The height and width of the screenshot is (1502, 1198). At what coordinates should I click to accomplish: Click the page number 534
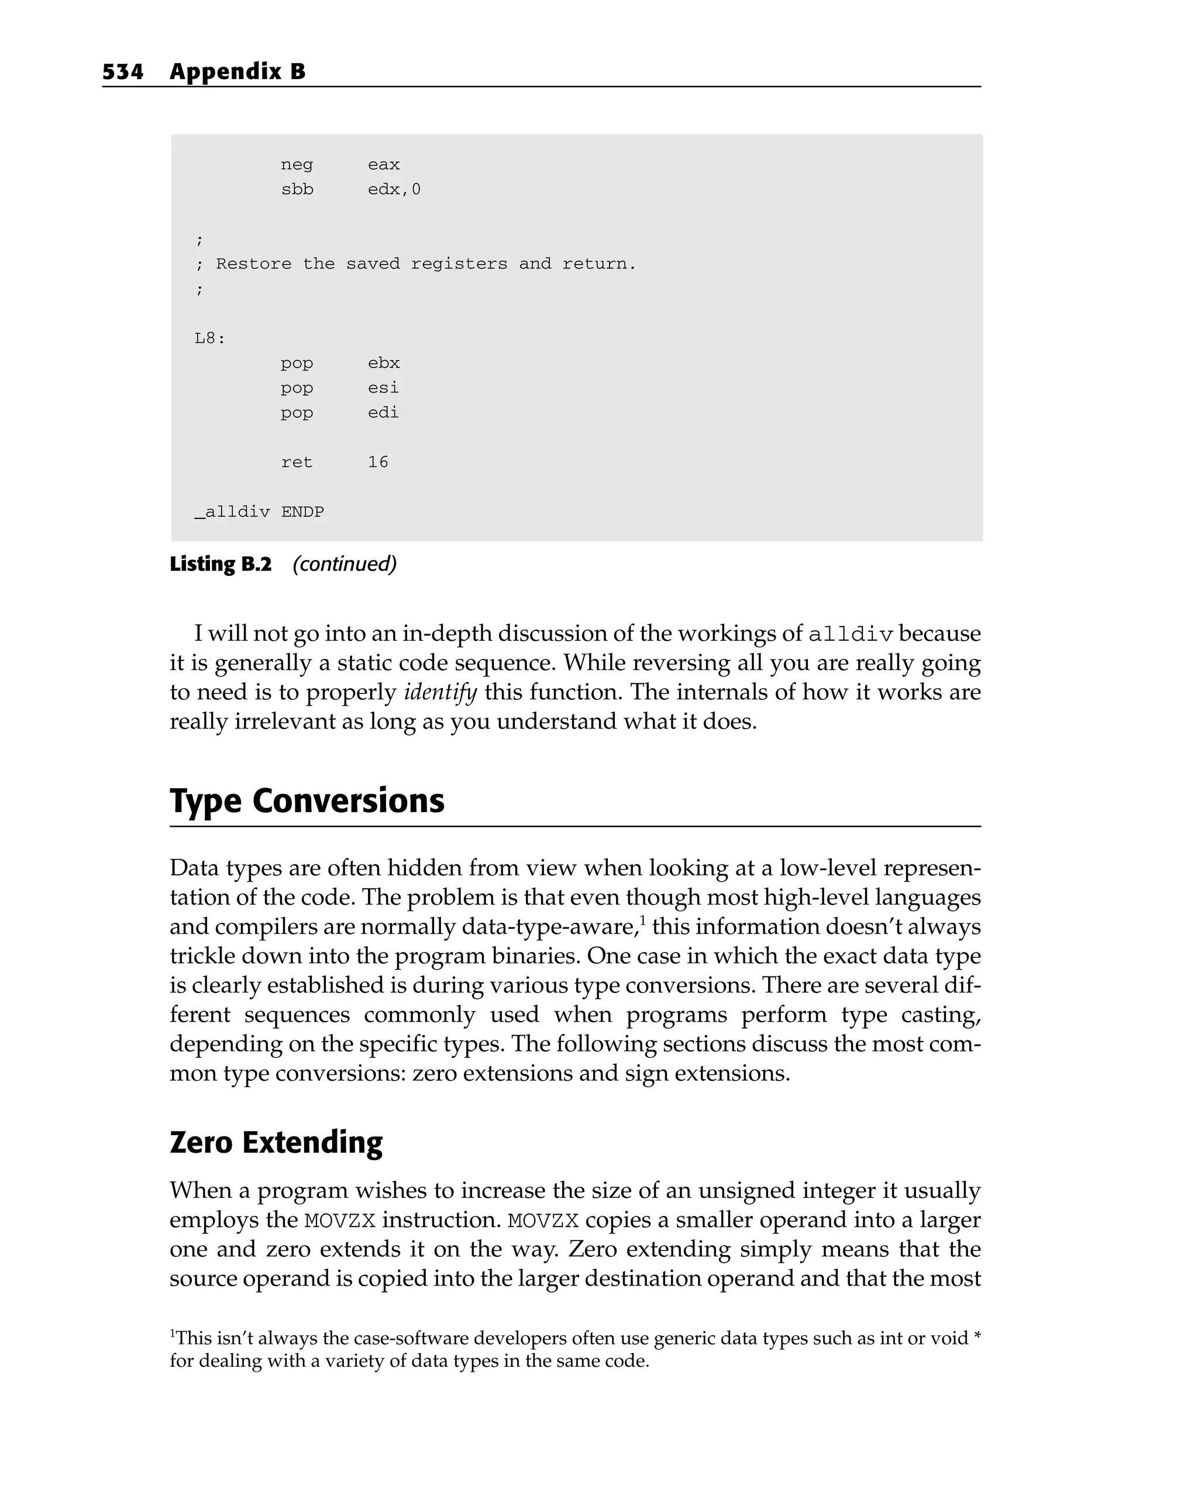123,72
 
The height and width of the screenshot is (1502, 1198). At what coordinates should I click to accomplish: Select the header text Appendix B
237,72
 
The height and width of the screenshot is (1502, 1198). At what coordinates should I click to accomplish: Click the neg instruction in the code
297,165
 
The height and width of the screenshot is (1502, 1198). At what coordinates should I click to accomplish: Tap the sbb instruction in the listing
297,190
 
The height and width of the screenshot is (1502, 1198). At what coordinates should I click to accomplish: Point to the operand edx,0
394,190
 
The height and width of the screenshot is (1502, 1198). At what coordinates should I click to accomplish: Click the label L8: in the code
209,339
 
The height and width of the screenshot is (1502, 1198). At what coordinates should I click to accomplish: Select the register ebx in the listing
384,363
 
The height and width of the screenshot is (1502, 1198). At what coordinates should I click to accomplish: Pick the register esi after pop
383,387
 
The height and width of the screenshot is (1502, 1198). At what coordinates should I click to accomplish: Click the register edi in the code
383,413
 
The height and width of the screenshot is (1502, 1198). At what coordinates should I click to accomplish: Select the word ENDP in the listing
303,512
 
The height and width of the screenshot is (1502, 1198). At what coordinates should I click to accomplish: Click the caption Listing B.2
221,563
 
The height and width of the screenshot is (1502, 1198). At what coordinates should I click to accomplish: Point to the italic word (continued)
344,563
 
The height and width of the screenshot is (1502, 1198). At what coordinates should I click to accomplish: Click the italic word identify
440,692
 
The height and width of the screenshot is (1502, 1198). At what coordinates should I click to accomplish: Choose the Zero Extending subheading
277,1143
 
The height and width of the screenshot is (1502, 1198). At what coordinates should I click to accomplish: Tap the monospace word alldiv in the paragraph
851,634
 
